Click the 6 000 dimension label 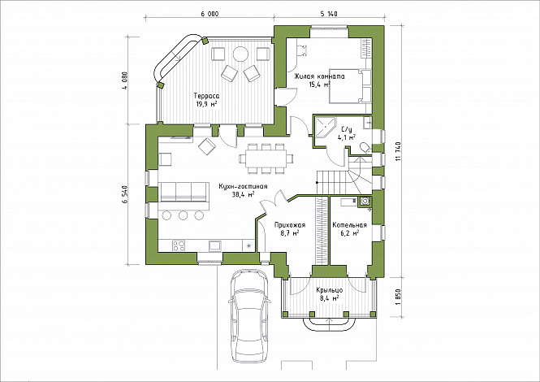coord(210,14)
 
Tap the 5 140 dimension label coord(329,14)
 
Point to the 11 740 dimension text coord(399,151)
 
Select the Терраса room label coord(206,96)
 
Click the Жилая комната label coord(319,76)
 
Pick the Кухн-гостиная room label coord(243,186)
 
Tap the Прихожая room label coord(290,225)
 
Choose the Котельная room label coord(349,225)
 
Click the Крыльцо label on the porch coord(329,290)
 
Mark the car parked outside coord(248,315)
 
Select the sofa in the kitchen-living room coord(184,193)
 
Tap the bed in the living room coord(350,86)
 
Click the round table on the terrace coord(240,54)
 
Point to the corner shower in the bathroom coord(325,128)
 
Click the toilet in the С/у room coord(365,148)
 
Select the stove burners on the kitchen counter coord(179,245)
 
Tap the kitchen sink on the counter coord(215,245)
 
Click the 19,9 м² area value coord(206,104)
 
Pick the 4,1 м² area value coord(347,137)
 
